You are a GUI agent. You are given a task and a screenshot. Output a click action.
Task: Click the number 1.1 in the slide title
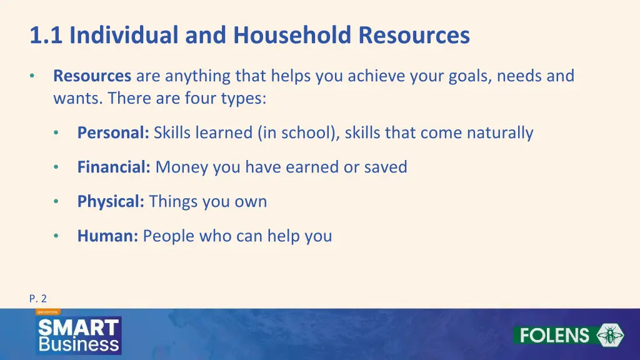point(47,36)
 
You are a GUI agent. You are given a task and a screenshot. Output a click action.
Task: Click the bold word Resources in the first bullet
point(92,76)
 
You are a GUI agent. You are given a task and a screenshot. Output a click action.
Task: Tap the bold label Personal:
point(113,133)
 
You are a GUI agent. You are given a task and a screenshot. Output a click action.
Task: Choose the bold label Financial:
point(114,167)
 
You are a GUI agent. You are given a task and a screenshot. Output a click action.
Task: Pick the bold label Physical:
point(111,202)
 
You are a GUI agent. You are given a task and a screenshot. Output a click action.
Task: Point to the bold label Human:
point(107,236)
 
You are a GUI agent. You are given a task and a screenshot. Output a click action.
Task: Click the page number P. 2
point(37,299)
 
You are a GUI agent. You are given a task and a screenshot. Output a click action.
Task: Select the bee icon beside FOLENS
point(610,335)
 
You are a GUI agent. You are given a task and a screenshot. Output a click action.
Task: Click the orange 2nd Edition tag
point(47,311)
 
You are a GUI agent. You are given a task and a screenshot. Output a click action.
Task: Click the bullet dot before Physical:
point(56,202)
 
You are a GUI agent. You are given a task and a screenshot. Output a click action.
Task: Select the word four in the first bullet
point(198,99)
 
